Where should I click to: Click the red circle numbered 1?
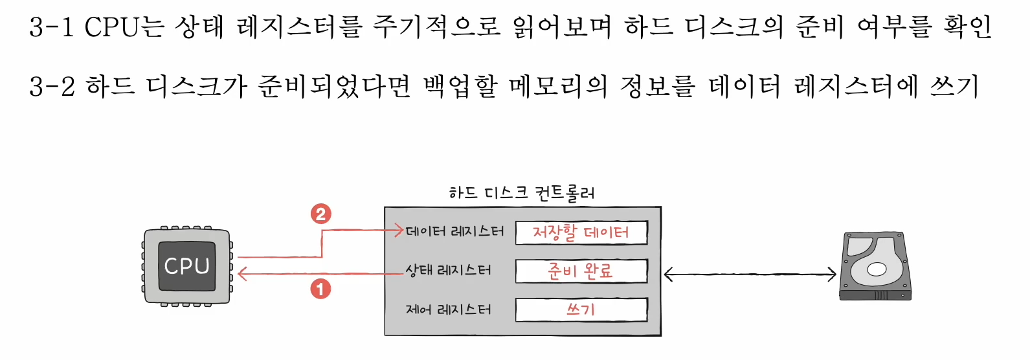320,289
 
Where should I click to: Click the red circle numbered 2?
320,213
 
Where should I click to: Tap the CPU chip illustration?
187,265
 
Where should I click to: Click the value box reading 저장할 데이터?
581,232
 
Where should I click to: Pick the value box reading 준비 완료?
581,271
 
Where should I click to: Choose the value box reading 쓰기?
581,309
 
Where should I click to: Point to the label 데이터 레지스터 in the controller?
454,231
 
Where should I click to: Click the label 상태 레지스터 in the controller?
448,270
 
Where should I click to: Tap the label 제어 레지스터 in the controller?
448,309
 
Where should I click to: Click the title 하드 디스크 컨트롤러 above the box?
522,192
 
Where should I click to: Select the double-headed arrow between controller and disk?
750,275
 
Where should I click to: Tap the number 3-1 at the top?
52,27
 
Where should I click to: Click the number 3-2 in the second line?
52,86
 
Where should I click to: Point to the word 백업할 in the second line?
460,86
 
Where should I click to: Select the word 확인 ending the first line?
967,27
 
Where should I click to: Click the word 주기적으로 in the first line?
436,27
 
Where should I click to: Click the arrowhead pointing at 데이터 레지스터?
399,230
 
